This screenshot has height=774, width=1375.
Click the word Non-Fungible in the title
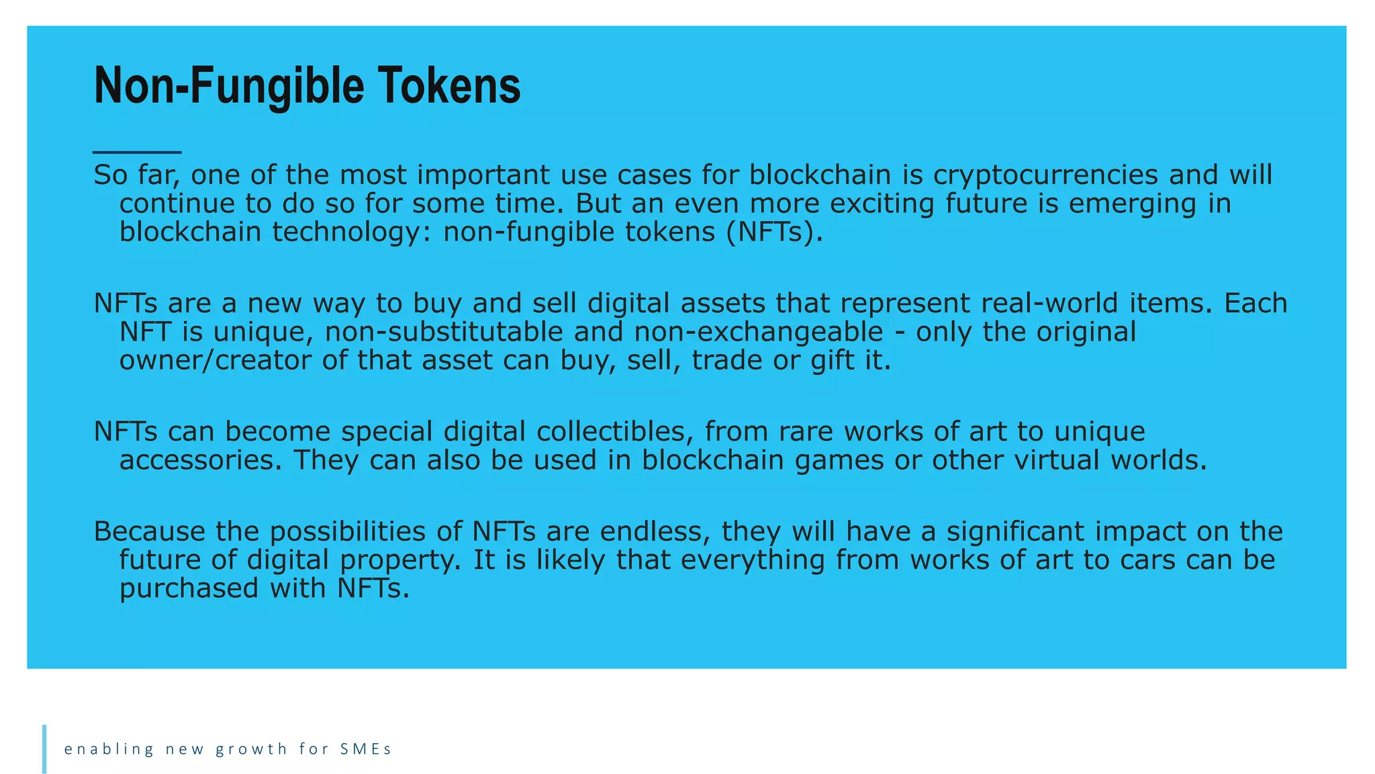pyautogui.click(x=228, y=86)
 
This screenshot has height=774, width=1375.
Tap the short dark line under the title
pyautogui.click(x=137, y=153)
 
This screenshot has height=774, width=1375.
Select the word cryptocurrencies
pyautogui.click(x=1045, y=175)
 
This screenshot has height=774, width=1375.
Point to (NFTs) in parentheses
pyautogui.click(x=773, y=232)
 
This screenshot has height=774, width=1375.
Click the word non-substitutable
pyautogui.click(x=444, y=332)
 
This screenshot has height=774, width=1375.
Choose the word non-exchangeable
pyautogui.click(x=759, y=332)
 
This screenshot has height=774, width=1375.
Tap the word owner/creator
pyautogui.click(x=215, y=361)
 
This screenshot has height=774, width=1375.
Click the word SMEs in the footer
pyautogui.click(x=365, y=749)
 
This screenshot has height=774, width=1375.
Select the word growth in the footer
pyautogui.click(x=251, y=749)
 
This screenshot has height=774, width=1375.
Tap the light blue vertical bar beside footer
pyautogui.click(x=44, y=748)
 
